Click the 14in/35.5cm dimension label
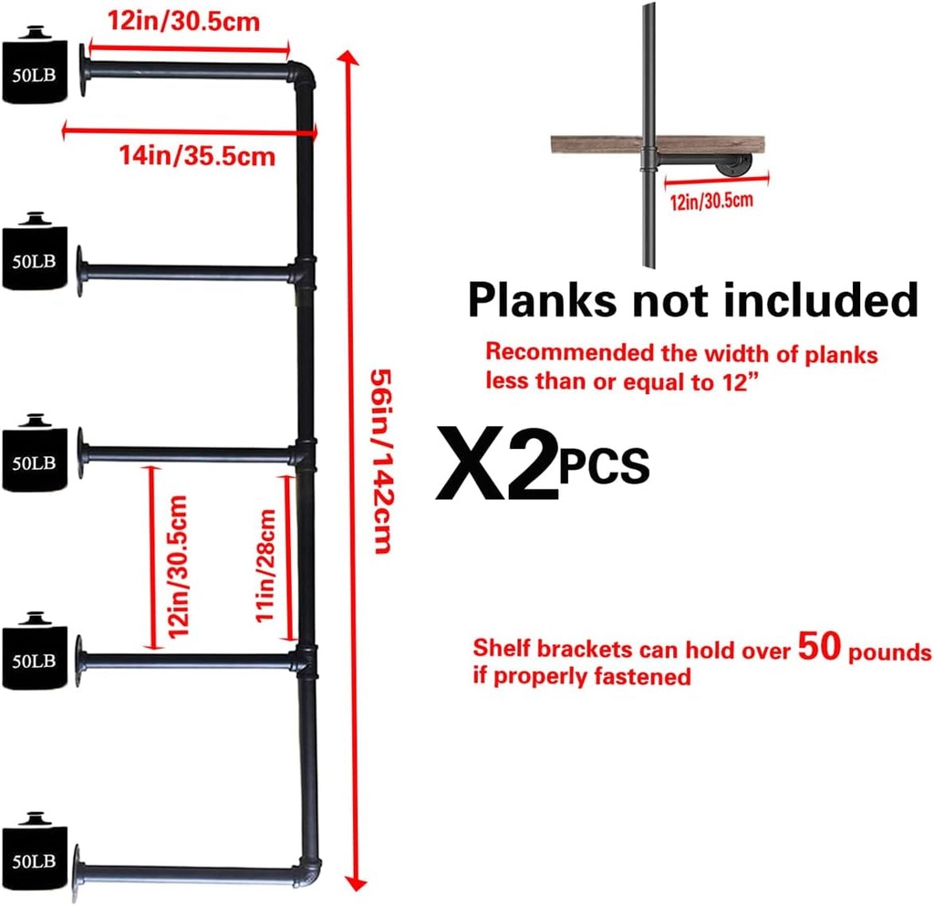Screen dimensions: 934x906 (x=197, y=155)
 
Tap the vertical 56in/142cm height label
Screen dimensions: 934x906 (x=382, y=462)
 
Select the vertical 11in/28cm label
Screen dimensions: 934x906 (x=265, y=566)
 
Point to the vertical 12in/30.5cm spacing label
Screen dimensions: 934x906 (x=178, y=567)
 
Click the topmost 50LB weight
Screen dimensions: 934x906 (x=35, y=65)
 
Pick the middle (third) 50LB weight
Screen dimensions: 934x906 (x=35, y=453)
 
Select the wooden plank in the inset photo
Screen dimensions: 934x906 (x=658, y=145)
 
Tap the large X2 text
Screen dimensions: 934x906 (x=498, y=463)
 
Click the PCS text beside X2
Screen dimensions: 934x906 (x=604, y=465)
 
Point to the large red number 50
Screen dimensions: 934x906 (x=820, y=646)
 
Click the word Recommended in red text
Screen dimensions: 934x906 (x=570, y=352)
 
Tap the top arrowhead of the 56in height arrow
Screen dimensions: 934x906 (x=348, y=57)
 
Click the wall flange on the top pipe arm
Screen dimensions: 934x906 (x=83, y=69)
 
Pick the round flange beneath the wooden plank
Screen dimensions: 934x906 (x=736, y=166)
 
